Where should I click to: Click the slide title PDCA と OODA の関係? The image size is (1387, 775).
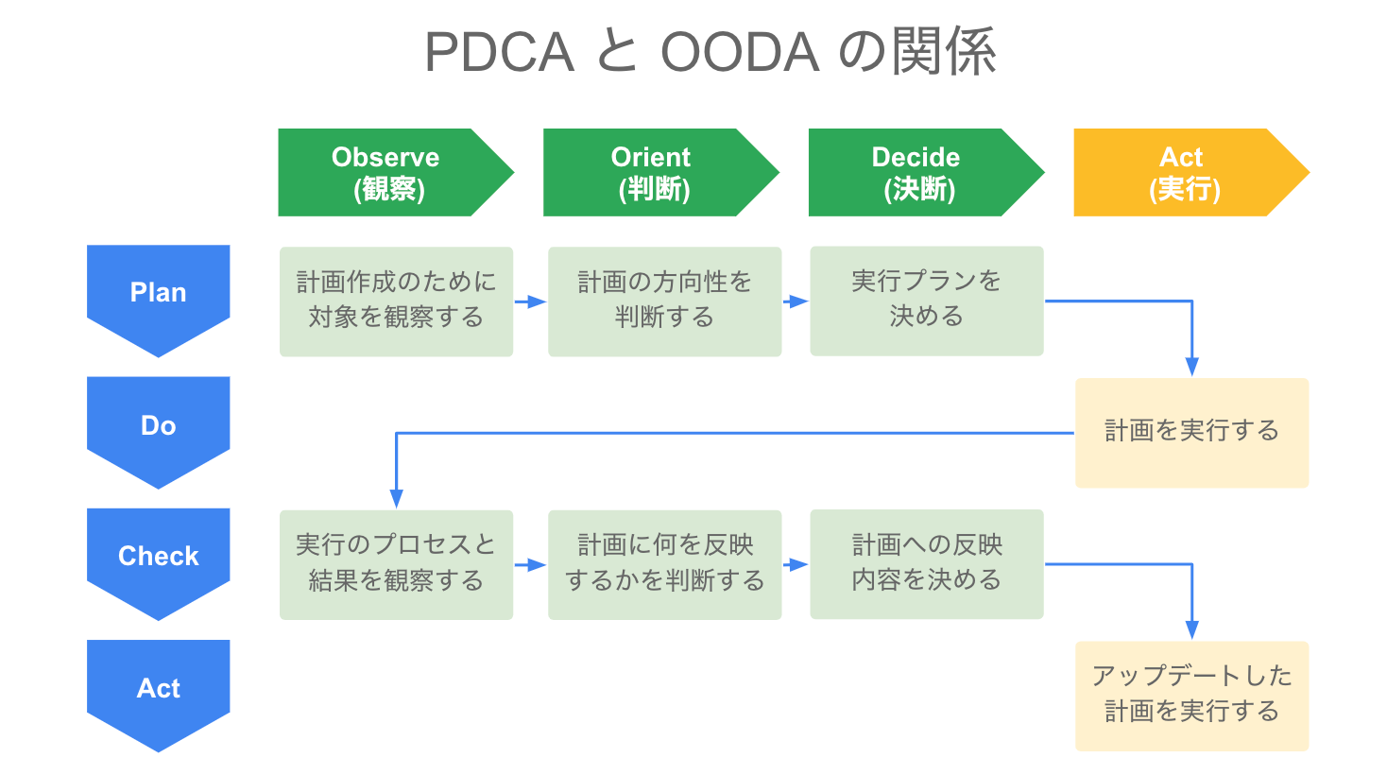coord(710,52)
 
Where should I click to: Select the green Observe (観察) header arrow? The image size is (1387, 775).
coord(387,172)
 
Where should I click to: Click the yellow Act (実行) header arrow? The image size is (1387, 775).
coord(1184,172)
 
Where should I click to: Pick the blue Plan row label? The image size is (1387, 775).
coord(158,293)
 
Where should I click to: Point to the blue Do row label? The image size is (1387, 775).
coord(158,425)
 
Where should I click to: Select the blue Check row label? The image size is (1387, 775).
coord(158,556)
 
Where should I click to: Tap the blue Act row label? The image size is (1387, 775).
coord(158,688)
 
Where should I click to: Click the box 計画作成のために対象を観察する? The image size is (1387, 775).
coord(396,301)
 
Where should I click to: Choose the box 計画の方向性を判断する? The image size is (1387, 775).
coord(664,301)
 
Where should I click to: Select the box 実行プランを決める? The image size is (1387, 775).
coord(926,301)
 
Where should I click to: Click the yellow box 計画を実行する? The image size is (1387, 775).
coord(1191,432)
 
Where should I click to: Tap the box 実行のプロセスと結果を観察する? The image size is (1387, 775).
coord(396,564)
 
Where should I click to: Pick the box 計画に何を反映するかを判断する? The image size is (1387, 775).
coord(664,564)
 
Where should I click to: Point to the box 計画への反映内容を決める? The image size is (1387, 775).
coord(926,564)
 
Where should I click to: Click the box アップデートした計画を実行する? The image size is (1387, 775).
coord(1191,696)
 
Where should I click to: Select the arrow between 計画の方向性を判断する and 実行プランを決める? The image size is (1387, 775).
coord(796,301)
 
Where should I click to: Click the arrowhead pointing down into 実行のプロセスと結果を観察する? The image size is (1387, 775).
coord(396,499)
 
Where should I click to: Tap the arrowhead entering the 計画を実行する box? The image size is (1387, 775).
coord(1191,367)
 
